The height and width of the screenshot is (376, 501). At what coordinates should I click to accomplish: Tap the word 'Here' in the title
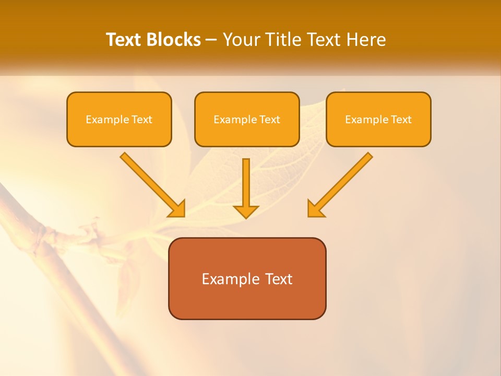[x=366, y=40]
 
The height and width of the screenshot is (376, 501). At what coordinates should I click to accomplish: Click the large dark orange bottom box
[x=247, y=300]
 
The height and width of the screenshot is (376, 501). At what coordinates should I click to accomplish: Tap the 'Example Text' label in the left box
[x=119, y=120]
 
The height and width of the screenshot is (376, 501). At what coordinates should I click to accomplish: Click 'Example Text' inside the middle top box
[x=247, y=120]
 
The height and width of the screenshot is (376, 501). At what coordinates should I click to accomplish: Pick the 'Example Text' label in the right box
[x=378, y=120]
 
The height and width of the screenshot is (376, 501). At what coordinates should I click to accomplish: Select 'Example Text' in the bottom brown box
[x=247, y=279]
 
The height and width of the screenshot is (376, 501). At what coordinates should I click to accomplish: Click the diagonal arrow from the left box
[x=149, y=181]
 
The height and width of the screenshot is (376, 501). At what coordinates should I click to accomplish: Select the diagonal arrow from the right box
[x=344, y=181]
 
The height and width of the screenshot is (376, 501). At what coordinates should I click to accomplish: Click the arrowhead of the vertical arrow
[x=246, y=211]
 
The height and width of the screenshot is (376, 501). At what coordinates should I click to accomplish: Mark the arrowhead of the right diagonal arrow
[x=315, y=209]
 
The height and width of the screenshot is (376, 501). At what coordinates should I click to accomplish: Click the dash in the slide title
[x=211, y=40]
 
